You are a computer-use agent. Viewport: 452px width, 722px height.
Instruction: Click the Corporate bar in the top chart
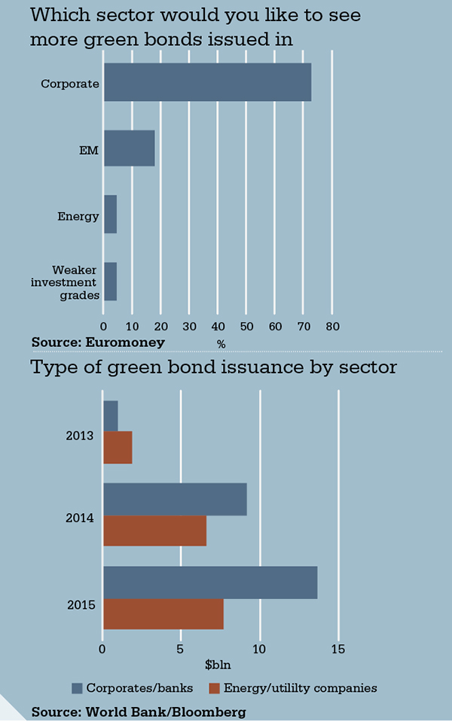coord(207,82)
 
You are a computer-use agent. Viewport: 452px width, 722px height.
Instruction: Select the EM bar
coord(129,148)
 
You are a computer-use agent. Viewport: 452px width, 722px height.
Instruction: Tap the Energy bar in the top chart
coord(110,215)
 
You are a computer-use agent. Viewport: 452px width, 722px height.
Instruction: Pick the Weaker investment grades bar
coord(110,281)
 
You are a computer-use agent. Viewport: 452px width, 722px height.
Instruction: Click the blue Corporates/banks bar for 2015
coord(210,582)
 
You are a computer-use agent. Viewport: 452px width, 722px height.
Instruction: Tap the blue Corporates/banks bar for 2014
coord(175,499)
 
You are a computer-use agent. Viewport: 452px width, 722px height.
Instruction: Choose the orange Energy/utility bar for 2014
coord(154,530)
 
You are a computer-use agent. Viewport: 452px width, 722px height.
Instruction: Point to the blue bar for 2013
coord(111,416)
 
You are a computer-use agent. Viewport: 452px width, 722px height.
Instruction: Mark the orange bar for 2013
coord(118,447)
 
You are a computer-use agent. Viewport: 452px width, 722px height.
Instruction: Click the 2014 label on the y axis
coord(79,518)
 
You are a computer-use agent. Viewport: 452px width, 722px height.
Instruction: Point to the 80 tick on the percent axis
coord(332,327)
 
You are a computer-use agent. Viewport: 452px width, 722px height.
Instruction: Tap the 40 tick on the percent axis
coord(218,327)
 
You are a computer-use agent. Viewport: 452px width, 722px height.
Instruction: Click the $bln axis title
coord(218,665)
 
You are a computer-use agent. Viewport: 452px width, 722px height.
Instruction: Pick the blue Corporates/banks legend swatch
coord(77,688)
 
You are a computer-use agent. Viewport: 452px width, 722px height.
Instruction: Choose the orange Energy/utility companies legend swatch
coord(214,688)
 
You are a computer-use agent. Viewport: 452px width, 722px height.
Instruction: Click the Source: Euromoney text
coord(98,342)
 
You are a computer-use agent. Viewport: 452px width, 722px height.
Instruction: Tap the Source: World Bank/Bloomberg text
coord(139,711)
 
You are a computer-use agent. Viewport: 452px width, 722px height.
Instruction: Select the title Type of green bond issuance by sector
coord(213,367)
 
